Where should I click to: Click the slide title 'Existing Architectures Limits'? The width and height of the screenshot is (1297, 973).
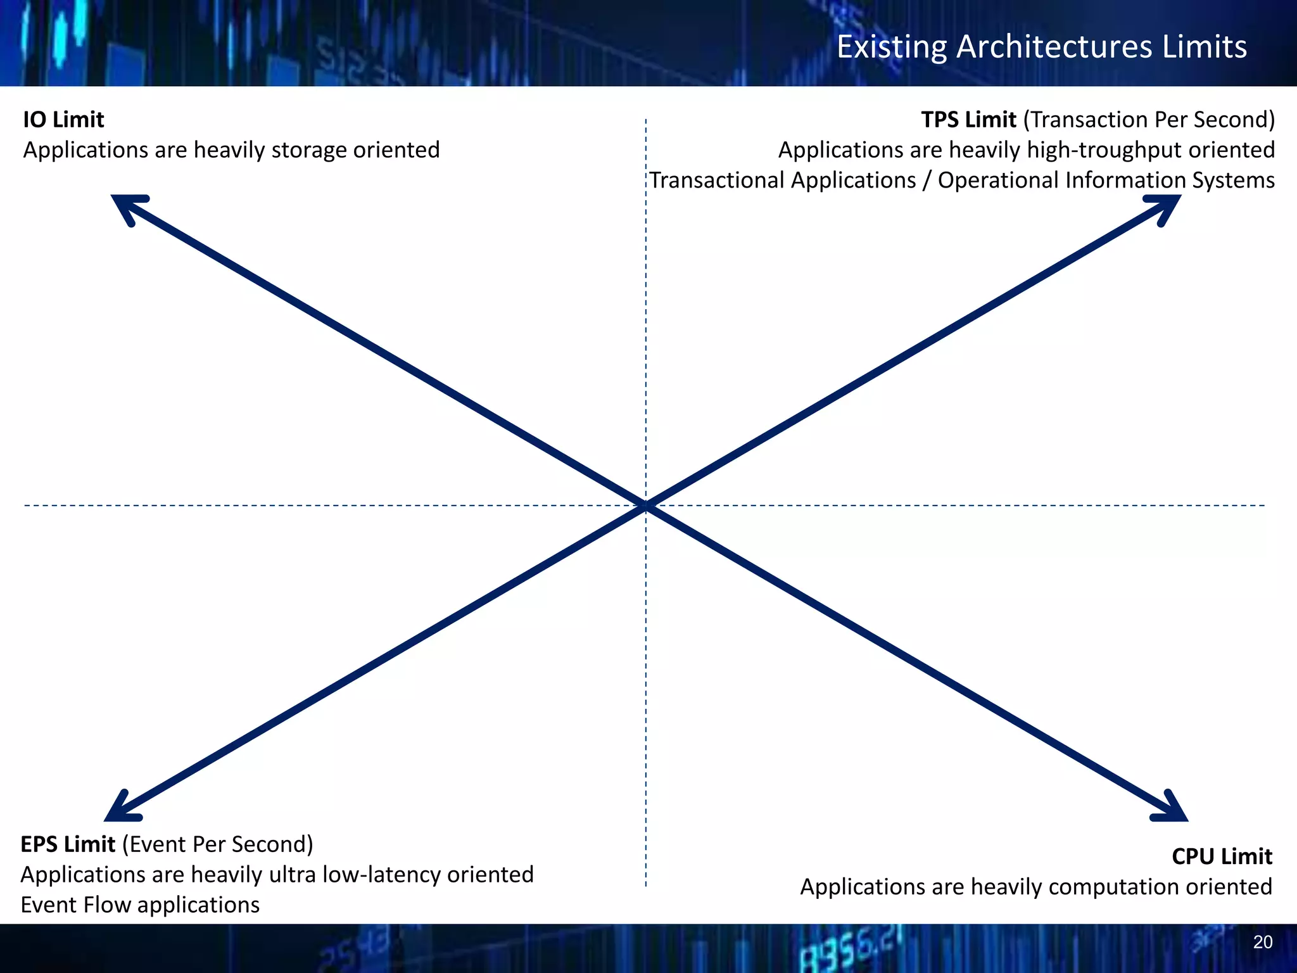tap(1041, 47)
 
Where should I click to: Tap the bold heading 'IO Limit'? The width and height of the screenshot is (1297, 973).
tap(63, 120)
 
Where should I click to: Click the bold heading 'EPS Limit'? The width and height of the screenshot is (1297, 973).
tap(68, 844)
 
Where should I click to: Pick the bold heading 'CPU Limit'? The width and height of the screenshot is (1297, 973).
tap(1221, 856)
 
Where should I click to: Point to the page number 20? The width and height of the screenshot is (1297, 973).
tap(1262, 942)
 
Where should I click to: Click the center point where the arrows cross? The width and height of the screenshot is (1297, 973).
tap(646, 506)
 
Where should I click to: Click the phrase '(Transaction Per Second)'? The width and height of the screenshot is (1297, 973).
tap(1148, 120)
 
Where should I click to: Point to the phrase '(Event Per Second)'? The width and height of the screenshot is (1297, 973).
tap(217, 844)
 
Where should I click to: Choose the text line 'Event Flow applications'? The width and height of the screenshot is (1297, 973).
tap(140, 905)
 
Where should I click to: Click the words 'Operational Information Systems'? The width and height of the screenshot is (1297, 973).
tap(1106, 181)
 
